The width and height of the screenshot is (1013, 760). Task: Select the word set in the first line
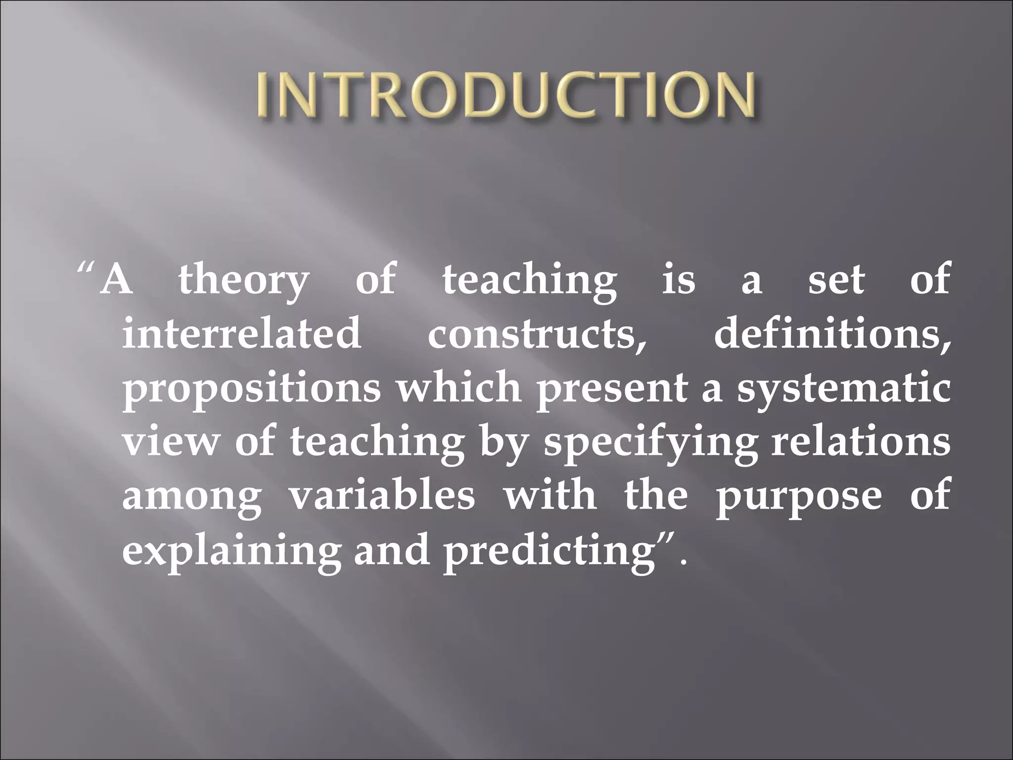tap(836, 280)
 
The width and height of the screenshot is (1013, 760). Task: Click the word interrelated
tap(242, 333)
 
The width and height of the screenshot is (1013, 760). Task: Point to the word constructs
tap(537, 333)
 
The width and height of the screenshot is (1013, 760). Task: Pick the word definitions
tap(831, 333)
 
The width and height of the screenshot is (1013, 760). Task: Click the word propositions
tap(252, 389)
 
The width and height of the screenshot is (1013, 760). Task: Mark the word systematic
tap(843, 389)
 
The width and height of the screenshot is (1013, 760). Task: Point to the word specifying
tap(651, 442)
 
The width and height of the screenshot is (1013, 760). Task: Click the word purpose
tap(799, 497)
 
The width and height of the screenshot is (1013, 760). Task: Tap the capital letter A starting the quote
tap(116, 280)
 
